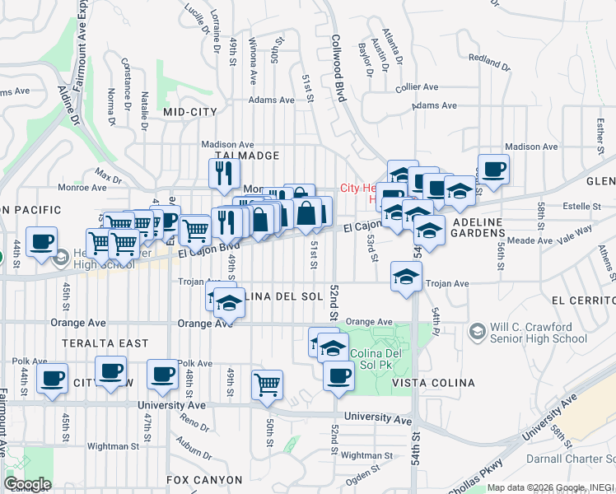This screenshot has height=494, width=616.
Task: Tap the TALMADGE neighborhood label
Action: (247, 155)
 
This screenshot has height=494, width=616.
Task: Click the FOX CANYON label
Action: (204, 479)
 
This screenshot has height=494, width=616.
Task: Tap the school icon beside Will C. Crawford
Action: (477, 331)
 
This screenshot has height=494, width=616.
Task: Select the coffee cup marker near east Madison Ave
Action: (494, 170)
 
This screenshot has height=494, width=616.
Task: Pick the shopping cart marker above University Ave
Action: (268, 383)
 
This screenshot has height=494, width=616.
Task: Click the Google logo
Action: (27, 484)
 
